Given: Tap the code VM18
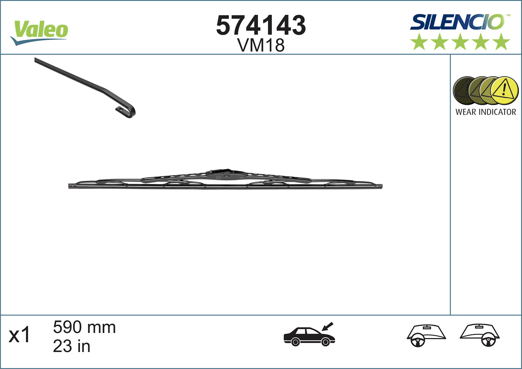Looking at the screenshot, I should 261,45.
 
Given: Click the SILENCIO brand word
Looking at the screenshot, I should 457,22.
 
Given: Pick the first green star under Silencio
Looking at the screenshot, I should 419,42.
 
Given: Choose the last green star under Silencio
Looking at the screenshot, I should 502,42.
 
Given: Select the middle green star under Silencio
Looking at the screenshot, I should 460,42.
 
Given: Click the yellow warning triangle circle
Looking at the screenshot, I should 505,90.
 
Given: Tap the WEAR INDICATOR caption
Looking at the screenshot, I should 485,112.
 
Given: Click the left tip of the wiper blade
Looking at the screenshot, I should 71,186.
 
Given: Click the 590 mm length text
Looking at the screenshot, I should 84,327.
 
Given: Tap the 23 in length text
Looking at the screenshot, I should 71,346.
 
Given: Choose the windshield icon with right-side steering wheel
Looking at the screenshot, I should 480,335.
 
